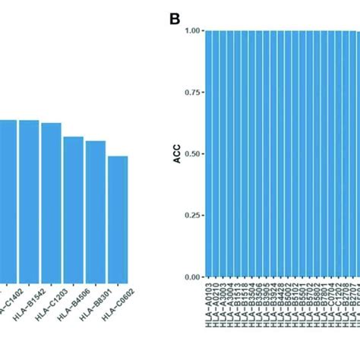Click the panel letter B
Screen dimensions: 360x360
[174, 17]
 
